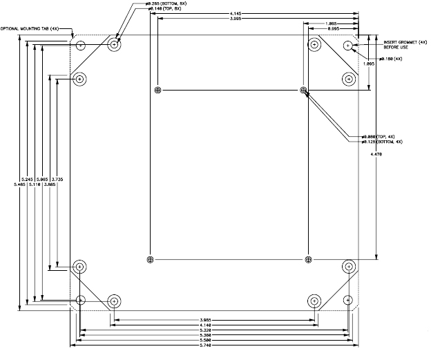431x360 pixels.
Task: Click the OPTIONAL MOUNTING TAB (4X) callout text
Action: tap(30, 28)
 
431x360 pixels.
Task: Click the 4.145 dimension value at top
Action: tap(255, 14)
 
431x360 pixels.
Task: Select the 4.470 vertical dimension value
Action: tap(376, 154)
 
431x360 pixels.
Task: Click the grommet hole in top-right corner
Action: tap(348, 46)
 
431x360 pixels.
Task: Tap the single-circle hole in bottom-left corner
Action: tap(82, 301)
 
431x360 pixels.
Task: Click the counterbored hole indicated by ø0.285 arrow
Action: tap(115, 46)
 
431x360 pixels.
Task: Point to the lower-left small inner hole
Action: tap(150, 259)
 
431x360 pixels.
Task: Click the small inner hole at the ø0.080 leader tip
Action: tap(303, 91)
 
